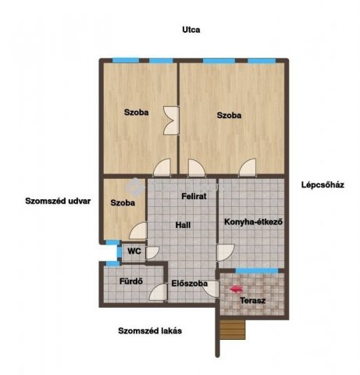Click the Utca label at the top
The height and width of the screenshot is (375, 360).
coord(191,30)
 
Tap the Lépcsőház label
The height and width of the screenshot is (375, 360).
coord(323,185)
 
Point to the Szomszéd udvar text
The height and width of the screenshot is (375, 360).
coord(58,201)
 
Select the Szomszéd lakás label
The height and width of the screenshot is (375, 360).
coord(150,331)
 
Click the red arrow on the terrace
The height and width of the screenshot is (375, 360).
coord(237,289)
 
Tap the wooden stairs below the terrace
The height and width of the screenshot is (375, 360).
coord(233,330)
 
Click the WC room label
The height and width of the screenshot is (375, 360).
coord(134,252)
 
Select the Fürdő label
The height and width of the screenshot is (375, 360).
coord(131,281)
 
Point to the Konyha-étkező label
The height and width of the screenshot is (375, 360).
coord(253,222)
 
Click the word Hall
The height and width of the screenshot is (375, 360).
coord(183,225)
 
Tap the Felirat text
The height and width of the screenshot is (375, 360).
coord(194,196)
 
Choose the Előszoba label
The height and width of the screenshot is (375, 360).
coord(190,284)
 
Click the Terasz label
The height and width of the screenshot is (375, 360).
coord(253,301)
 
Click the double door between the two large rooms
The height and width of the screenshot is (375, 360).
coord(171,120)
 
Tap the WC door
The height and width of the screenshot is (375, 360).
coord(152,253)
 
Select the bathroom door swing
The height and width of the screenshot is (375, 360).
coord(159,292)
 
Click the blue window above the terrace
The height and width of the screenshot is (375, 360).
coord(257,271)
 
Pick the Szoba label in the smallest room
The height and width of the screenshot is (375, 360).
coord(123,203)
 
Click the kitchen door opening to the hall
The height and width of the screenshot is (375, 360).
coord(226,252)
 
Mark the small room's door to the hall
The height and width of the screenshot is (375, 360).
coord(138,230)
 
